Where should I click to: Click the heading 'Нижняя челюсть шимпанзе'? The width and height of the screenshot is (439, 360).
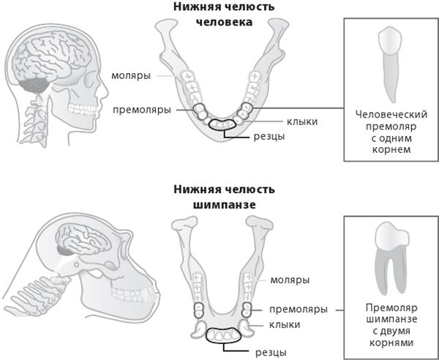(x=224, y=197)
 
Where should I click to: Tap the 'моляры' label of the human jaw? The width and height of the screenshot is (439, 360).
(x=132, y=76)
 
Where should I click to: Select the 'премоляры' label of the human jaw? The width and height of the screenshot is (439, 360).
(x=142, y=110)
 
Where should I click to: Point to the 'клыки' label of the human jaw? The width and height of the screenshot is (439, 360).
(x=282, y=121)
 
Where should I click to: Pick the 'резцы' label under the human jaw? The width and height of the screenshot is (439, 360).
(x=249, y=136)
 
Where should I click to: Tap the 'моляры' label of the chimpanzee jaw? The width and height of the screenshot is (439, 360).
(x=290, y=280)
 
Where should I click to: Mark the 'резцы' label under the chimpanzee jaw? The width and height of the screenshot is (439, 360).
(x=270, y=353)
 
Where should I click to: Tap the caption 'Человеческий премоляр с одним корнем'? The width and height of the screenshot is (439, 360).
(x=390, y=132)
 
